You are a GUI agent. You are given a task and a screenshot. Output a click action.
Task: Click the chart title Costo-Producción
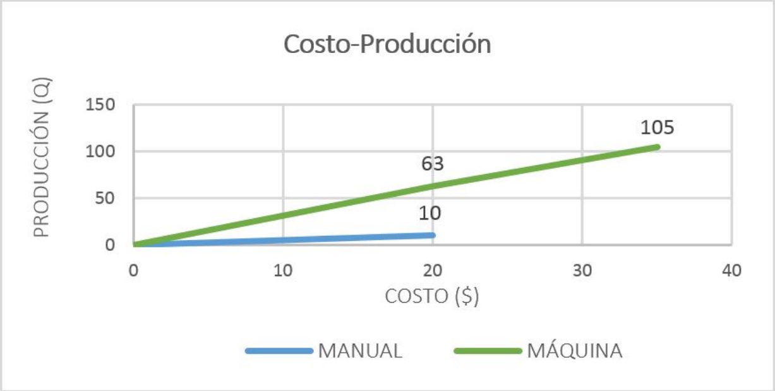(x=387, y=45)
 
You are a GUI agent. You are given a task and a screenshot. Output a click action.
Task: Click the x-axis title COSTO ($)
(x=432, y=296)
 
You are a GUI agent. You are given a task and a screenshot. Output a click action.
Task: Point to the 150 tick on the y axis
(x=100, y=105)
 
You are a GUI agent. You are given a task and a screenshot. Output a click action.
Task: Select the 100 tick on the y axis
(x=100, y=151)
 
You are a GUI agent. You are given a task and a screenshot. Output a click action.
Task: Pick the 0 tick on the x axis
(x=134, y=271)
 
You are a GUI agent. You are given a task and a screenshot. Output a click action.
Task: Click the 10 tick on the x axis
(x=283, y=271)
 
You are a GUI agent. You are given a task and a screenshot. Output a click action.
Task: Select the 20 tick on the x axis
(x=433, y=271)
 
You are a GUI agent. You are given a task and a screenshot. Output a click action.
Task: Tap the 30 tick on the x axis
(x=582, y=271)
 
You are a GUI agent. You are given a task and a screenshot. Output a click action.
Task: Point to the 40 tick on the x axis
(x=731, y=271)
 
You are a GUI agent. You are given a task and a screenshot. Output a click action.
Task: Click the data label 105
(x=657, y=127)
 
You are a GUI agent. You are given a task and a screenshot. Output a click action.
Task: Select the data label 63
(x=433, y=164)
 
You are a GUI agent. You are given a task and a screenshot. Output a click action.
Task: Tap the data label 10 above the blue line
(x=430, y=213)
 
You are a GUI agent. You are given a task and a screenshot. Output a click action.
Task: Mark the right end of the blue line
(x=433, y=235)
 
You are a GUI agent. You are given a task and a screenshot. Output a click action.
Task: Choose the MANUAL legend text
(x=360, y=351)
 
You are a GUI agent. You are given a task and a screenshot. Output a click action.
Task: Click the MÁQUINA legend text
(x=574, y=351)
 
